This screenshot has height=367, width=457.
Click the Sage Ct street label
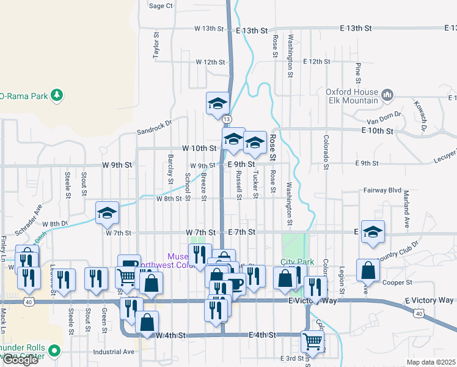click(161, 6)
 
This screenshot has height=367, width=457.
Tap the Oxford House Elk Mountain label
click(352, 96)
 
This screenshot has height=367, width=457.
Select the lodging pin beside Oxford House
click(387, 95)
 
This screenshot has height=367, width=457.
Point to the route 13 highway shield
click(227, 119)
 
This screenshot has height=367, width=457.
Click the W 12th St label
click(211, 62)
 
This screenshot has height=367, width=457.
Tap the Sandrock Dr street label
click(155, 130)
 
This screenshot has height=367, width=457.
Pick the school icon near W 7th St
click(107, 213)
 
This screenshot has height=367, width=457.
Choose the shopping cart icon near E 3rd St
click(312, 341)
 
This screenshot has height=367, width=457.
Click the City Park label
click(297, 262)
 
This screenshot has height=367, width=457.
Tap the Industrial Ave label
click(114, 352)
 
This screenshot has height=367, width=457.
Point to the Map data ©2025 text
click(430, 362)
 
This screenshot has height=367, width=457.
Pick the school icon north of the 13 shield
click(217, 104)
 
